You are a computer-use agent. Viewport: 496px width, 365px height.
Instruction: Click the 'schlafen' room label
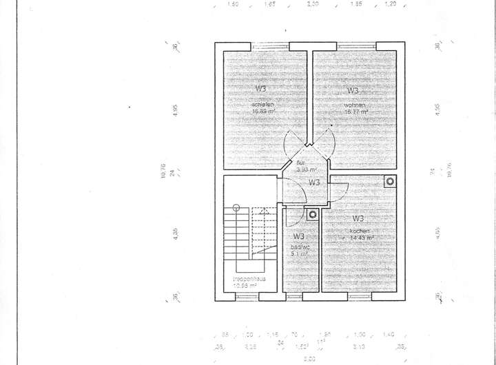(262, 104)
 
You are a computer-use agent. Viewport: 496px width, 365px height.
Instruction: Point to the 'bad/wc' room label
(298, 247)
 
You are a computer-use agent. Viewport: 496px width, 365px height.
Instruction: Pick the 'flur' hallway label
(300, 163)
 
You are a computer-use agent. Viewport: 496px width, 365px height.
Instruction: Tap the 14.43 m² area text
(360, 238)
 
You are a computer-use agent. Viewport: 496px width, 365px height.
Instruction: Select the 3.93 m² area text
(306, 169)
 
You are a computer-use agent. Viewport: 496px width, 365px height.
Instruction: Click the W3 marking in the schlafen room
(262, 89)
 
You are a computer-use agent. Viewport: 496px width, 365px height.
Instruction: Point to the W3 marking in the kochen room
(358, 218)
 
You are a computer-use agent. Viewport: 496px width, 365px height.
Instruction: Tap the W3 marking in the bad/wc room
(298, 236)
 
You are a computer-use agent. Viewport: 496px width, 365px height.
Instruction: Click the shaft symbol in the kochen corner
(391, 182)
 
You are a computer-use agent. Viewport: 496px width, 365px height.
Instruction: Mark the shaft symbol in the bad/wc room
(312, 214)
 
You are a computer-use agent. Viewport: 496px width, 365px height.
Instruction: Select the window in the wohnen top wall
(356, 46)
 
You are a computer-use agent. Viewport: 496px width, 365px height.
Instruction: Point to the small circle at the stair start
(236, 207)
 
